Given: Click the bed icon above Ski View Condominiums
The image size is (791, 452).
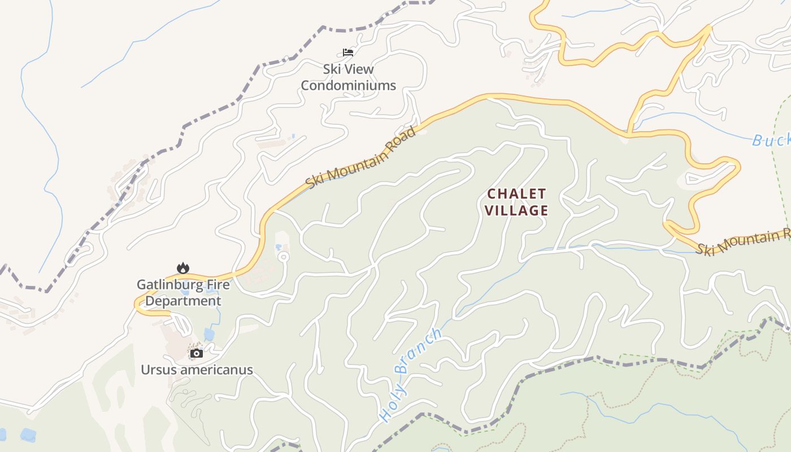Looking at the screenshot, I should [348, 53].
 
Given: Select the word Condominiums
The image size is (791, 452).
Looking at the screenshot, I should [348, 86].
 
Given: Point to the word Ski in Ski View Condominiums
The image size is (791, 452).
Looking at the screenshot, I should [332, 69].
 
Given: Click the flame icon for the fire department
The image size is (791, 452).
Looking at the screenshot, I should [182, 268].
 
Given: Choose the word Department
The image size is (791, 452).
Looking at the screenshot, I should [183, 301].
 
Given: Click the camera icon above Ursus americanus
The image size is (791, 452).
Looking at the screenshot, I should [197, 354].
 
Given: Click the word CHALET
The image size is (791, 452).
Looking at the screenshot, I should [516, 194].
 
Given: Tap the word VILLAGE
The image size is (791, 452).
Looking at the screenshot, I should [516, 211].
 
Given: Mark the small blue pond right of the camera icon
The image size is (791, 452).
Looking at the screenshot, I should [209, 334].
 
